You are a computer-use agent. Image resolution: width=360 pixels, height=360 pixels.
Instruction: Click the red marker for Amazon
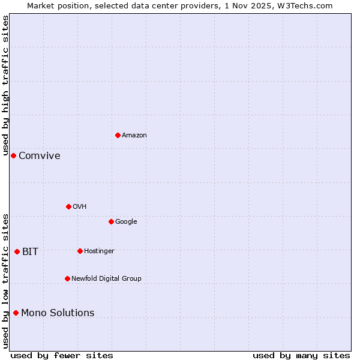pos(118,135)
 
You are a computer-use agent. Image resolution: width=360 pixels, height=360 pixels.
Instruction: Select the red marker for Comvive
pos(13,155)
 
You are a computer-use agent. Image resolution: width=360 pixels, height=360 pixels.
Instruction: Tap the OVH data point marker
pos(68,206)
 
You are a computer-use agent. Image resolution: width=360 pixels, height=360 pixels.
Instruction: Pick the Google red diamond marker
pos(111,221)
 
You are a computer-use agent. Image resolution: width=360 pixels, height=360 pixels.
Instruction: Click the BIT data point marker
pos(17,251)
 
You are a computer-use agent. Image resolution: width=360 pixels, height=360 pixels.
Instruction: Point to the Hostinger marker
pos(80,251)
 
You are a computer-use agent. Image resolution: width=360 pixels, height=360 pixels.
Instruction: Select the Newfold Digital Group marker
pos(67,278)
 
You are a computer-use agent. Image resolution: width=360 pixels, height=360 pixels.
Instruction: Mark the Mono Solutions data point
pos(16,313)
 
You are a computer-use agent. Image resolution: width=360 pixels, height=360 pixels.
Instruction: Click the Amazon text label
pos(134,136)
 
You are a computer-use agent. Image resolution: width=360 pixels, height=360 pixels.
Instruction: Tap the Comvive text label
pos(40,156)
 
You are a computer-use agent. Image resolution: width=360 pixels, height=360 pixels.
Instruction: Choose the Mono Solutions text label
pos(58,313)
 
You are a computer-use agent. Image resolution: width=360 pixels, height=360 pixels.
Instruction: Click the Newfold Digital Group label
pos(106,279)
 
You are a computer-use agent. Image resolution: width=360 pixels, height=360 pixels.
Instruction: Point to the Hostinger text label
pos(99,251)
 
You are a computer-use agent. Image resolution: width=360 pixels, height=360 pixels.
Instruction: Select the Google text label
pos(126,222)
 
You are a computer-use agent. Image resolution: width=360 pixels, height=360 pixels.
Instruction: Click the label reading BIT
pos(30,252)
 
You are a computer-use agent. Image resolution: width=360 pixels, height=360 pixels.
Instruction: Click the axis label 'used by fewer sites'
pos(62,355)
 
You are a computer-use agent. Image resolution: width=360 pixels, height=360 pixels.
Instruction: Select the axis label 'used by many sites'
pos(301,355)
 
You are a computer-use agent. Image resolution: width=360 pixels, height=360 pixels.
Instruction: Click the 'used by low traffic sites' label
pos(5,281)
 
